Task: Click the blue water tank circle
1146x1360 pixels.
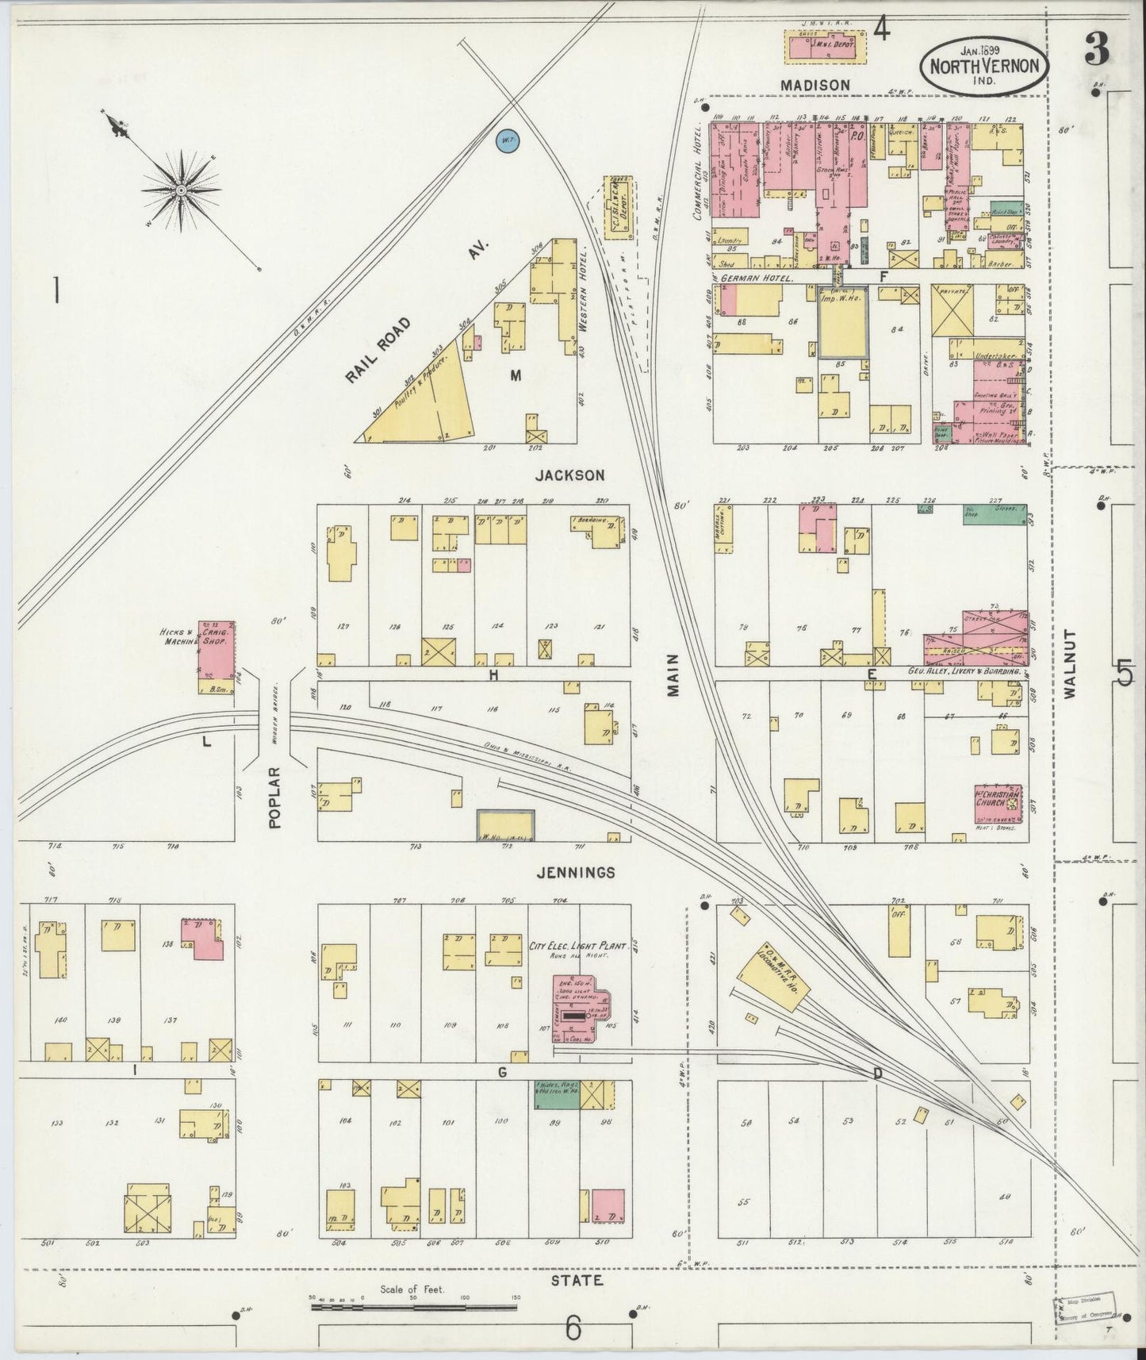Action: pyautogui.click(x=507, y=141)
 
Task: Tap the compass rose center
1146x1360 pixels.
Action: pyautogui.click(x=181, y=191)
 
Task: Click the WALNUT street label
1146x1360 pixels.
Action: pyautogui.click(x=1071, y=663)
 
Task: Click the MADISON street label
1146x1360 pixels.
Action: pyautogui.click(x=814, y=85)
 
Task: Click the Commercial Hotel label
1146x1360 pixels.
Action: pyautogui.click(x=699, y=171)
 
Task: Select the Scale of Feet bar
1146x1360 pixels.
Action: pyautogui.click(x=412, y=1304)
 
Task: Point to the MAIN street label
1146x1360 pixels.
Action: pyautogui.click(x=674, y=675)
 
